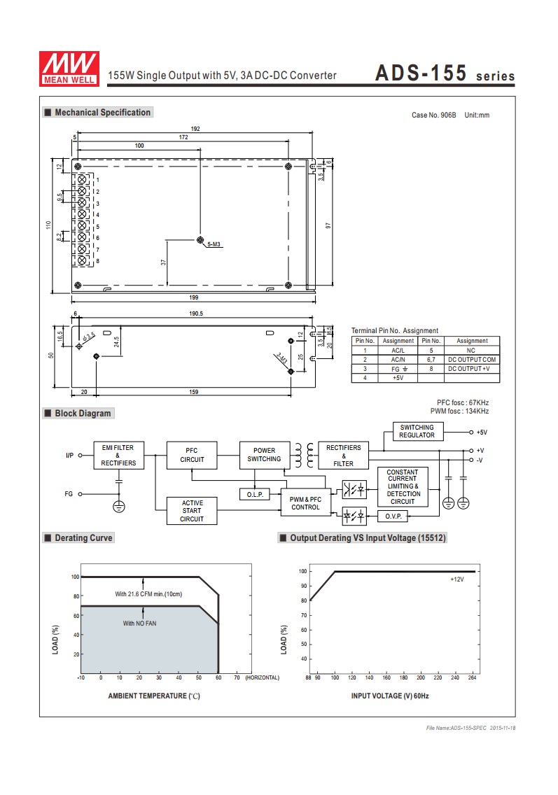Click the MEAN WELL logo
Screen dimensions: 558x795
pyautogui.click(x=69, y=69)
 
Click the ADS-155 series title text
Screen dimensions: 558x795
pyautogui.click(x=445, y=73)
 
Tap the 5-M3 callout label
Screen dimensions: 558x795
pyautogui.click(x=214, y=244)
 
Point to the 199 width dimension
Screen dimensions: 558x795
pyautogui.click(x=194, y=297)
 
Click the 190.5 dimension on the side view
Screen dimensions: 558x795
pyautogui.click(x=196, y=314)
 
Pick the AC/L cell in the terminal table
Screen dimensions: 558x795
pyautogui.click(x=398, y=351)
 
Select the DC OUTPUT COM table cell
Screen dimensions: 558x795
pyautogui.click(x=472, y=360)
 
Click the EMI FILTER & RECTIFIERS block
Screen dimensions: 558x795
pyautogui.click(x=119, y=456)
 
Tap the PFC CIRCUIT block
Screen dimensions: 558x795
pyautogui.click(x=192, y=456)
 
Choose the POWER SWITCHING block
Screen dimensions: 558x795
pyautogui.click(x=264, y=455)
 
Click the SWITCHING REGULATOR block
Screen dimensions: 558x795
pyautogui.click(x=418, y=432)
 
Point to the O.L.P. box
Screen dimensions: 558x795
pyautogui.click(x=255, y=494)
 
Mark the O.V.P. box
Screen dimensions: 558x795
pyautogui.click(x=393, y=516)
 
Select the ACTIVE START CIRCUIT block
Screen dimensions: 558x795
pyautogui.click(x=192, y=511)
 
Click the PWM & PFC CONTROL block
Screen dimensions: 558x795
pyautogui.click(x=305, y=503)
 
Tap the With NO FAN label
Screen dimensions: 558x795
pyautogui.click(x=139, y=623)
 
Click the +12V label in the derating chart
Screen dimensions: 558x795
pyautogui.click(x=456, y=579)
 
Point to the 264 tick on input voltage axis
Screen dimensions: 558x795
pyautogui.click(x=473, y=677)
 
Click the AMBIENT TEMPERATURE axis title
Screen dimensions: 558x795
pyautogui.click(x=154, y=696)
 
